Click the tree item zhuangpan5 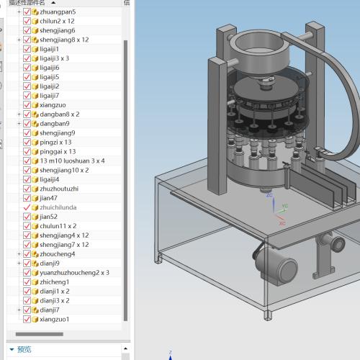(x=58, y=12)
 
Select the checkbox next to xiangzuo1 (x=27, y=319)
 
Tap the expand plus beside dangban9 (x=19, y=124)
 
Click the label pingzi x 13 (x=55, y=143)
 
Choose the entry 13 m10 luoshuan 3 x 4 (x=72, y=161)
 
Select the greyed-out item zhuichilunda (x=58, y=207)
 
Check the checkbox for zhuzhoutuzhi (x=27, y=189)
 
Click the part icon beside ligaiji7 (x=35, y=96)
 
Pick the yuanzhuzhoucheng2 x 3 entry (x=74, y=273)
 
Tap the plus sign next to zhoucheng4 (x=19, y=254)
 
